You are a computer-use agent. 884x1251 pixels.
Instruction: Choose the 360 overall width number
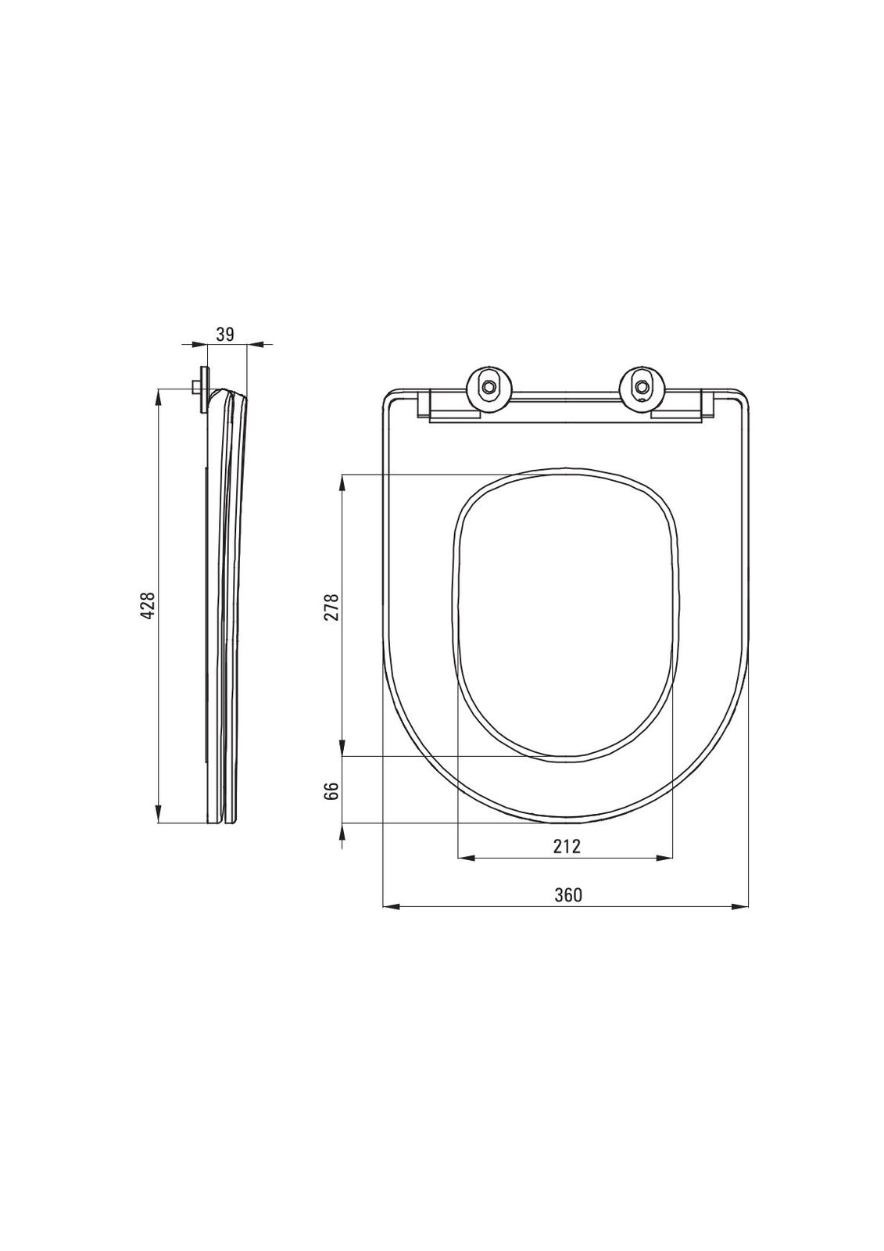coord(568,894)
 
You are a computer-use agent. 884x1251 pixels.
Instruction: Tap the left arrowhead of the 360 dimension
coord(390,908)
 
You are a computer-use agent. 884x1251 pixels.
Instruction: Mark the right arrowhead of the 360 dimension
coord(740,908)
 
